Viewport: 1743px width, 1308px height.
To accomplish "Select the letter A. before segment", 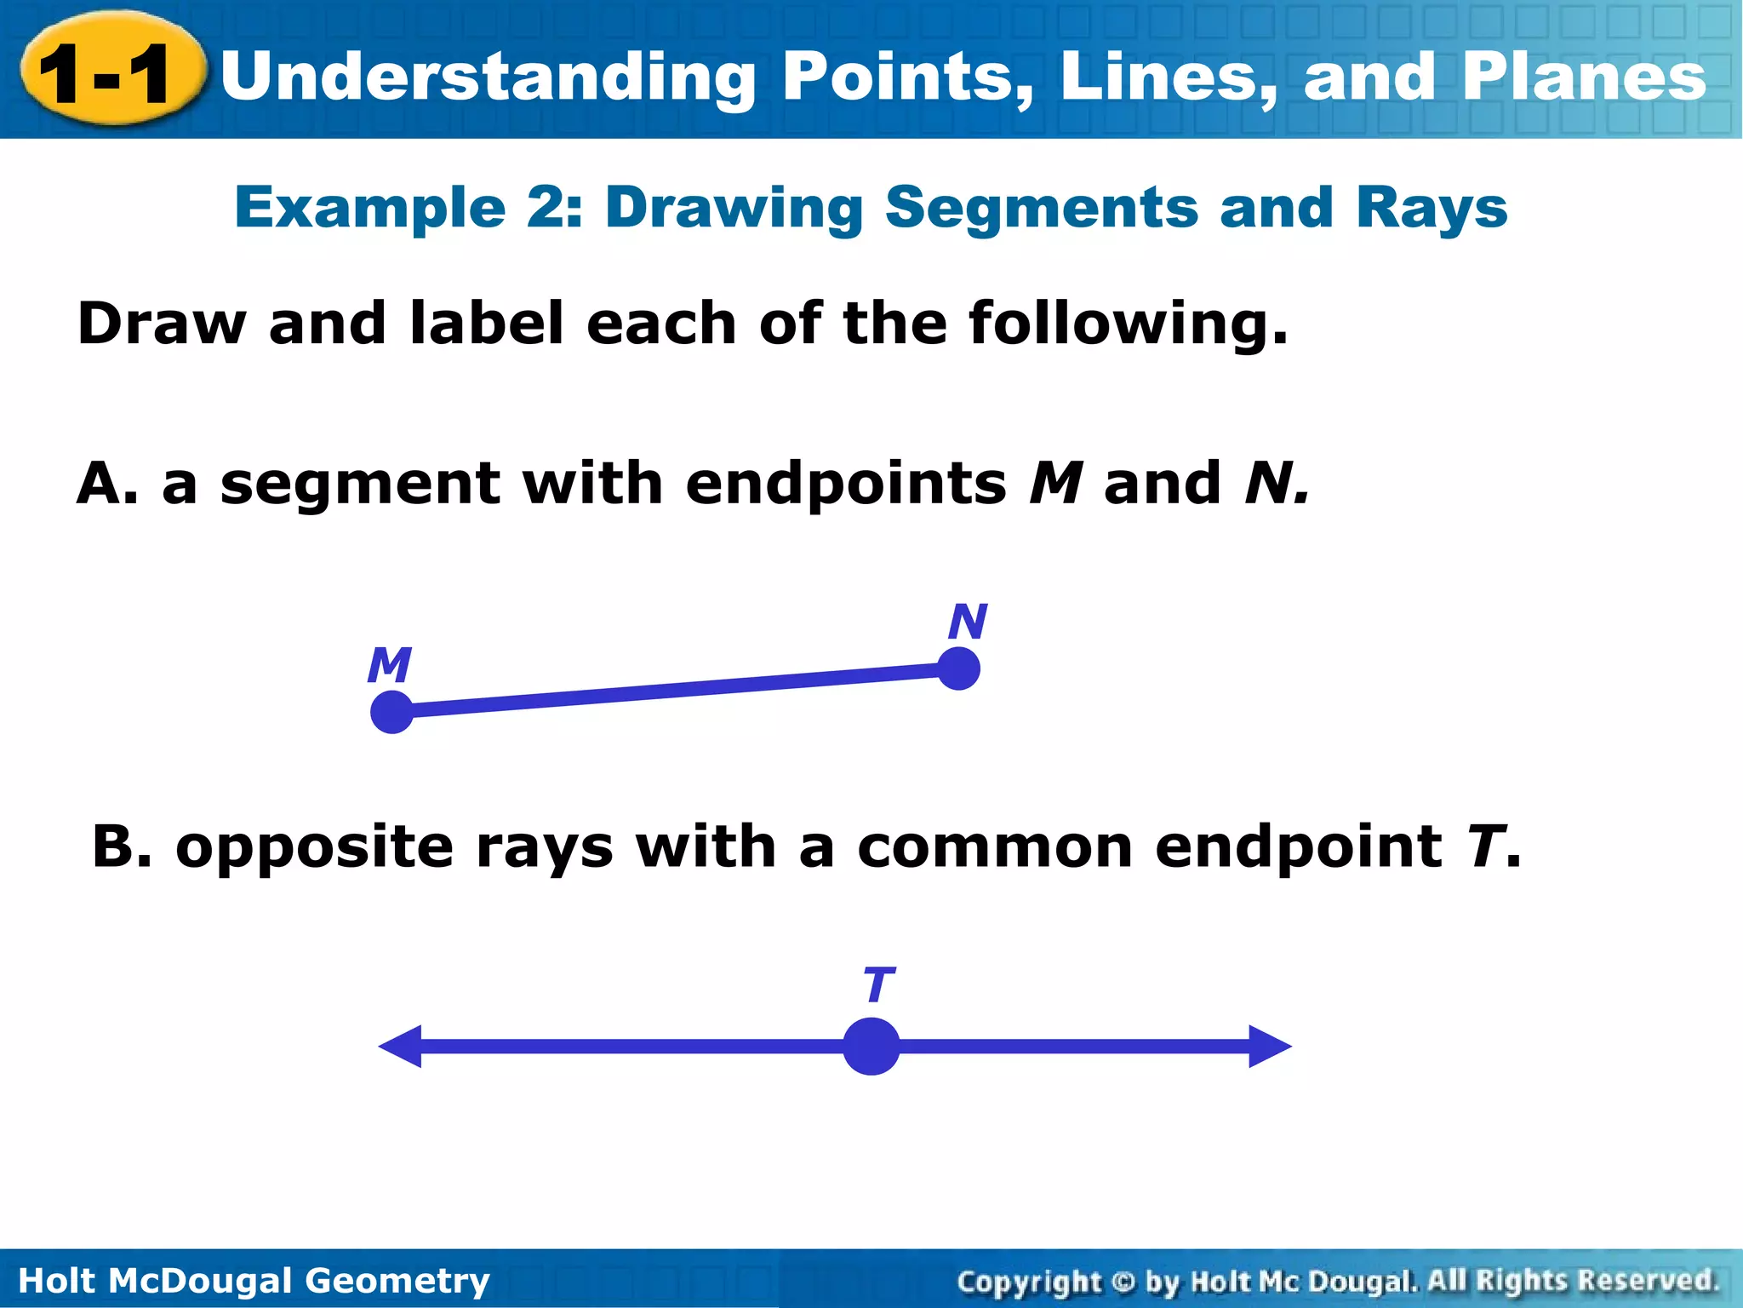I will click(107, 484).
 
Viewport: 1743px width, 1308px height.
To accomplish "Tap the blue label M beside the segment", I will click(390, 665).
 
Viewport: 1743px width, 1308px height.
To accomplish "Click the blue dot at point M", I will click(392, 712).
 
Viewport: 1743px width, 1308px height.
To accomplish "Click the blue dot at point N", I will click(959, 668).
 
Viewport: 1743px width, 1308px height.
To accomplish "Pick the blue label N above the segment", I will click(968, 622).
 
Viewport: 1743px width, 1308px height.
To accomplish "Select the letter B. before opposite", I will click(122, 847).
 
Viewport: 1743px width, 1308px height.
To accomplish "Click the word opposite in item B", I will click(315, 849).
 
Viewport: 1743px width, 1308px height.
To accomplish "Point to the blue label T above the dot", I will click(878, 985).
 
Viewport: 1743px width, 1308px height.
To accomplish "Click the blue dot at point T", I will click(871, 1047).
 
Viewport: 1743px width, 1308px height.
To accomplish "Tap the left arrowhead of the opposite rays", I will click(400, 1047).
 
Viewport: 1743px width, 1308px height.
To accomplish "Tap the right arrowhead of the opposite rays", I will click(1270, 1047).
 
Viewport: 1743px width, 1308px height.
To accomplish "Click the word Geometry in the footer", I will click(397, 1281).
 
